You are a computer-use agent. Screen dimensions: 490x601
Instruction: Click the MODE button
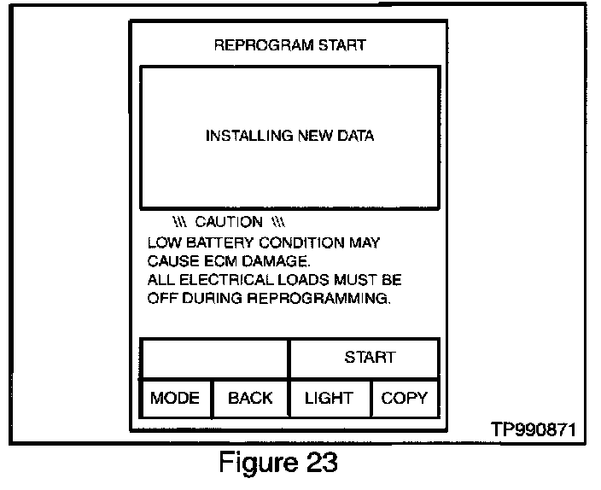pos(175,398)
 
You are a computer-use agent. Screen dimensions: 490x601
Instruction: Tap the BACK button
pos(250,398)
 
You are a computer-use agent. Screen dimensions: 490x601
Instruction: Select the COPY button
pos(404,398)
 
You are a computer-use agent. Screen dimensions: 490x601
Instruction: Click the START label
pos(370,357)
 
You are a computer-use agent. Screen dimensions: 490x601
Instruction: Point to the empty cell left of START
pos(215,358)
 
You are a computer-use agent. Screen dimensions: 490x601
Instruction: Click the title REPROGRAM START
pos(289,44)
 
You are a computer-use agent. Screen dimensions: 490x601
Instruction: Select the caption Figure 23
pos(278,464)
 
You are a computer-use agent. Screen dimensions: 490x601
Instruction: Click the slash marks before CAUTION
pos(178,222)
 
